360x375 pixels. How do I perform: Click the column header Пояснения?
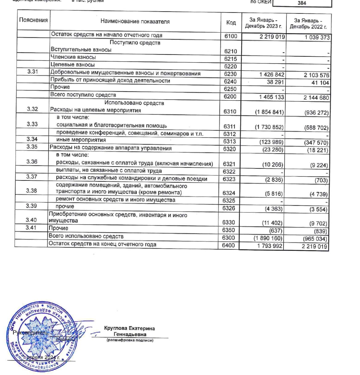pyautogui.click(x=33, y=20)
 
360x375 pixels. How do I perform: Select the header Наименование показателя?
pyautogui.click(x=135, y=21)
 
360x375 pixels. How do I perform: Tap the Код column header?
pyautogui.click(x=231, y=22)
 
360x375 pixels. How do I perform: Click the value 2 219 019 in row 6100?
pyautogui.click(x=272, y=37)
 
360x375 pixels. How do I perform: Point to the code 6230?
pyautogui.click(x=230, y=74)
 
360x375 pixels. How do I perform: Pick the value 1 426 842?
pyautogui.click(x=271, y=75)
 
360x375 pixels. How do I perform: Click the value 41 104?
pyautogui.click(x=320, y=83)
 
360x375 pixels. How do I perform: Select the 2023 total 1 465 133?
pyautogui.click(x=271, y=97)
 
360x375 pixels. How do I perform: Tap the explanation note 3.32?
pyautogui.click(x=32, y=109)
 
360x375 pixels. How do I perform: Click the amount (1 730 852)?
pyautogui.click(x=269, y=127)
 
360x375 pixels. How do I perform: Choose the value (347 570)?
pyautogui.click(x=316, y=143)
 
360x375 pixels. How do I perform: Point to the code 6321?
pyautogui.click(x=229, y=164)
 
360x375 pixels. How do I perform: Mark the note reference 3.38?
pyautogui.click(x=31, y=191)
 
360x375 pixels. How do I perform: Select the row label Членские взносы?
pyautogui.click(x=73, y=57)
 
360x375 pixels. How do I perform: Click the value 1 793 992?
pyautogui.click(x=270, y=246)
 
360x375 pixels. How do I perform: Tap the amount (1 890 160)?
pyautogui.click(x=268, y=238)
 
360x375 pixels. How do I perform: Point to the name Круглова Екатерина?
pyautogui.click(x=129, y=328)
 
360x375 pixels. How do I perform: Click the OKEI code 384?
pyautogui.click(x=302, y=3)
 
